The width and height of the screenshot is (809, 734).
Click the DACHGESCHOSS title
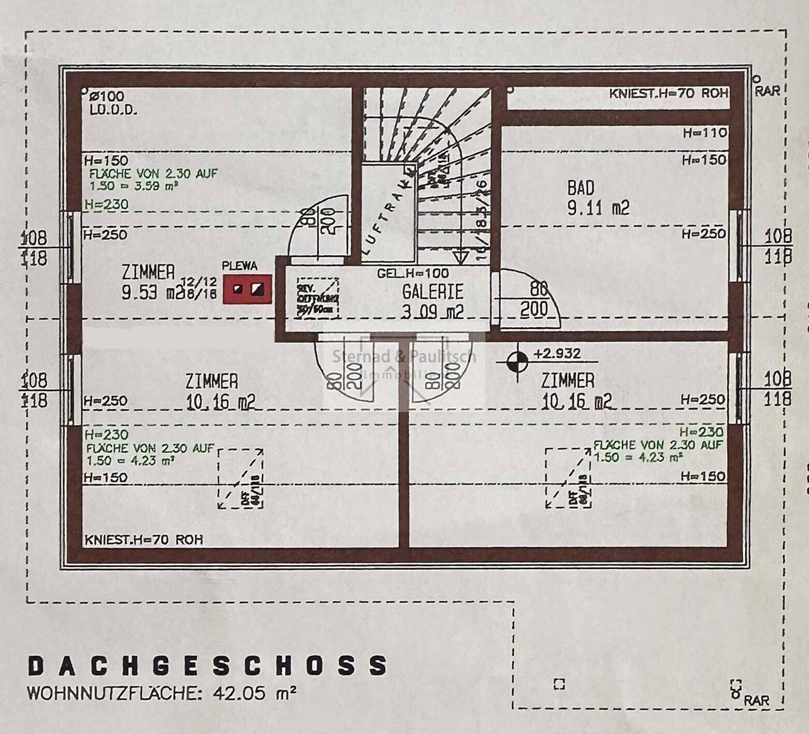pyautogui.click(x=207, y=666)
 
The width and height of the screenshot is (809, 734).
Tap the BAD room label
pyautogui.click(x=581, y=188)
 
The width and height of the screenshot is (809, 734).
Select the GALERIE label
pyautogui.click(x=432, y=292)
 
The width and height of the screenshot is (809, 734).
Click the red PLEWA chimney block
pyautogui.click(x=247, y=289)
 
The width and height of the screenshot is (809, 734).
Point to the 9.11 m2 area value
pyautogui.click(x=598, y=208)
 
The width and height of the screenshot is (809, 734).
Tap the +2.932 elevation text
pyautogui.click(x=557, y=354)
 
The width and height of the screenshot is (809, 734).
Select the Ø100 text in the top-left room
pyautogui.click(x=107, y=96)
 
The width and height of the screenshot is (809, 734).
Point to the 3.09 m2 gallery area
pyautogui.click(x=432, y=312)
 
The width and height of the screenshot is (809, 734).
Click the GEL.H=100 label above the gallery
pyautogui.click(x=413, y=273)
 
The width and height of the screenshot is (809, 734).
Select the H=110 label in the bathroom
pyautogui.click(x=704, y=133)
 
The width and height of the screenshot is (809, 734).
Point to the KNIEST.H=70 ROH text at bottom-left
pyautogui.click(x=143, y=540)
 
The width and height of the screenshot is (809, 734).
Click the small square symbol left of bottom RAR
pyautogui.click(x=559, y=684)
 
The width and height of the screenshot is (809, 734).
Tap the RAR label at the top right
pyautogui.click(x=767, y=91)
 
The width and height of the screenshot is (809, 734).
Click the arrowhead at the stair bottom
pyautogui.click(x=460, y=257)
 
